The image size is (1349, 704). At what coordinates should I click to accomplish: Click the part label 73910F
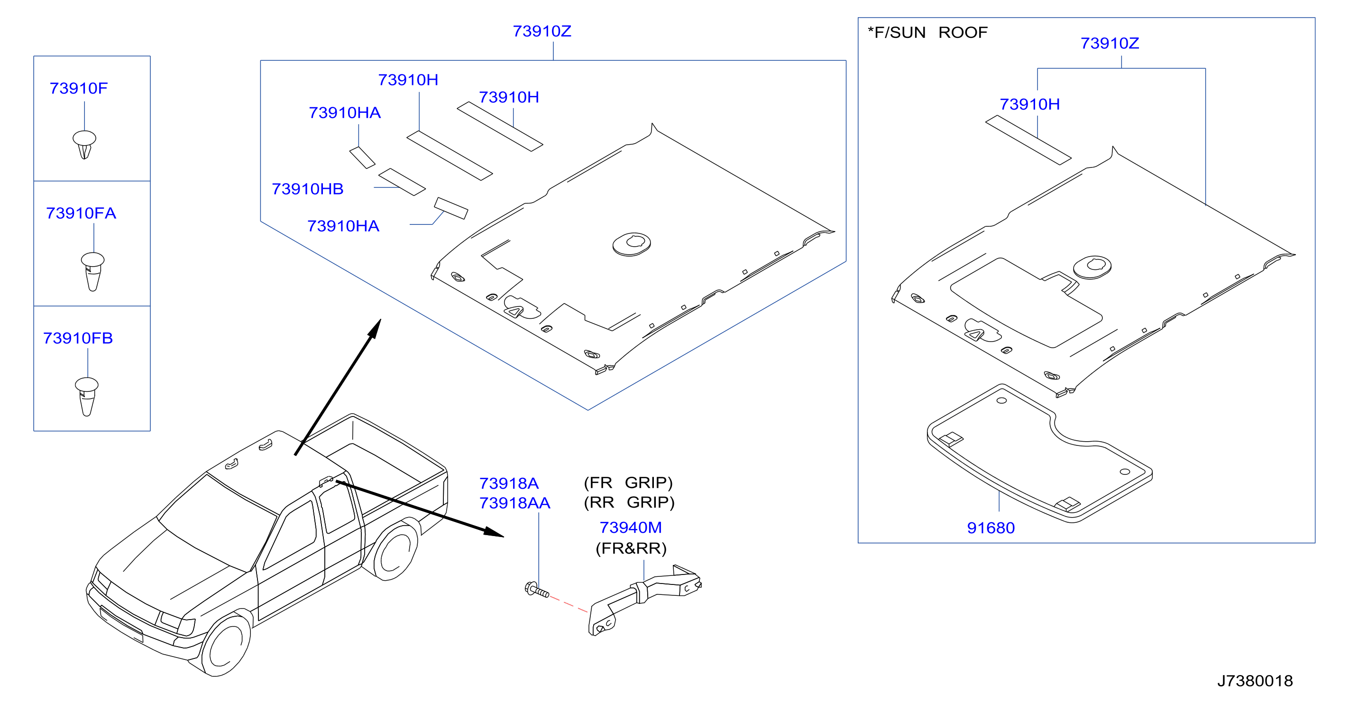click(x=79, y=88)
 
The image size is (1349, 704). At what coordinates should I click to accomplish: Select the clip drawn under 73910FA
click(x=92, y=271)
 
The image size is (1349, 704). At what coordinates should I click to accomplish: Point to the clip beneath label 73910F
click(x=84, y=145)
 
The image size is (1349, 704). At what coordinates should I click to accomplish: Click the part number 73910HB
click(x=307, y=189)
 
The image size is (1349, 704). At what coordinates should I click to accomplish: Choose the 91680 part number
click(x=991, y=528)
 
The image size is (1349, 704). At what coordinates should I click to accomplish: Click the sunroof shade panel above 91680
click(x=1039, y=454)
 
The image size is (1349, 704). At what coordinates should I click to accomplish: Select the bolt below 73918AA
click(x=537, y=589)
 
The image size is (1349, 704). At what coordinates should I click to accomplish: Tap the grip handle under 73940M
click(x=645, y=600)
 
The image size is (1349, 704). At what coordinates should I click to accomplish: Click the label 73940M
click(x=631, y=527)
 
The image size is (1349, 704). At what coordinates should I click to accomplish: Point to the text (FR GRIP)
click(x=628, y=482)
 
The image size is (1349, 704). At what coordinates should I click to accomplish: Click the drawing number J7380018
click(x=1255, y=680)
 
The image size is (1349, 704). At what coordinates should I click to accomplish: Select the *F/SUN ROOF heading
click(x=927, y=32)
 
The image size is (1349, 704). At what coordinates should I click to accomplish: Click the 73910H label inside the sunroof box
click(x=1029, y=104)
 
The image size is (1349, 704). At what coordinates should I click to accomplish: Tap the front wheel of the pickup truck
click(x=225, y=645)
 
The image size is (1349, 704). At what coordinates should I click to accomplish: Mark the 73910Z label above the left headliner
click(x=542, y=31)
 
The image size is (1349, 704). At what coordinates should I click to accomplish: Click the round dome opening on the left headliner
click(x=632, y=244)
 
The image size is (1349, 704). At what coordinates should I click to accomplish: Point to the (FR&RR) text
click(x=631, y=548)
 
